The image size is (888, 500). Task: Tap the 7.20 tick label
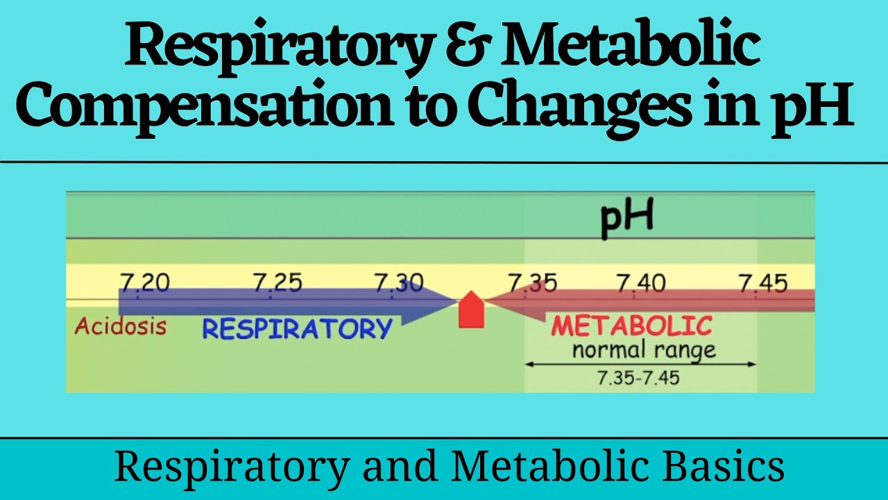coord(145,283)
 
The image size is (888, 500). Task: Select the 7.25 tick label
coord(277,283)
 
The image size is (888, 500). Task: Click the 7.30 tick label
coord(398,283)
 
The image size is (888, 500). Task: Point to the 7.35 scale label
coord(532,283)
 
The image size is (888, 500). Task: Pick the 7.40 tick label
coord(641,283)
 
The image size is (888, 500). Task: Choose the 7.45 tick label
coord(762,283)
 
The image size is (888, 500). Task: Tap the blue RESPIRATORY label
coord(297,328)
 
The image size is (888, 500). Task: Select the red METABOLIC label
coord(631,325)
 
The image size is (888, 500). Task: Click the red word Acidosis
coord(121,326)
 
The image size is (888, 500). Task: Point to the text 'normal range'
coord(643,350)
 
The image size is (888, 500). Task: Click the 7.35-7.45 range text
coord(638,378)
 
